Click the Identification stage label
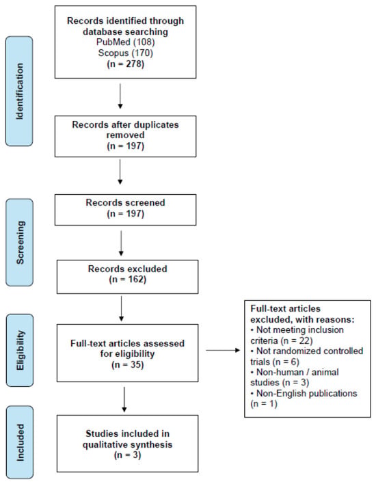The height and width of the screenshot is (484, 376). click(19, 92)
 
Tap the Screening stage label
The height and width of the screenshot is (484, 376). click(20, 243)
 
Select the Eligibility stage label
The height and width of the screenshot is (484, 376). click(20, 350)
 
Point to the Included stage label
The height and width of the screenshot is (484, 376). click(20, 442)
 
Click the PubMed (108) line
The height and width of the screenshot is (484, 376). click(126, 42)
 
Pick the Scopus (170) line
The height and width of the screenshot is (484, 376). click(126, 53)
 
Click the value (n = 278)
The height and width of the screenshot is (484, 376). click(126, 64)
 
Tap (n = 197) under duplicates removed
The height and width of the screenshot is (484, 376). click(126, 146)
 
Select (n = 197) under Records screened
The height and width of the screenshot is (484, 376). click(126, 213)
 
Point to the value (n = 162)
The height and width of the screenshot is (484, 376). click(127, 280)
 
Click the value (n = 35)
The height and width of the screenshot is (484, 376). click(127, 364)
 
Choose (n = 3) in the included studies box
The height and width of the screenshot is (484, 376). click(127, 455)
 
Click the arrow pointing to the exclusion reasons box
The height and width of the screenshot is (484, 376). click(223, 350)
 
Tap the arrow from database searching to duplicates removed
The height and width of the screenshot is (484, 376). click(120, 96)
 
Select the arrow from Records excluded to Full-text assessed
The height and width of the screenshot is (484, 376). click(121, 309)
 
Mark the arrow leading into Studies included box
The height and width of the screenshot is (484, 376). click(124, 399)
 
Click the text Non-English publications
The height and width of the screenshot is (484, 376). click(307, 393)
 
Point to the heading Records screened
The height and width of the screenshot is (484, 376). click(125, 202)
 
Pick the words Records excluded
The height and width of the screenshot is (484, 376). click(127, 269)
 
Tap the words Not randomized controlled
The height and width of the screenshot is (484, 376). click(310, 351)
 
